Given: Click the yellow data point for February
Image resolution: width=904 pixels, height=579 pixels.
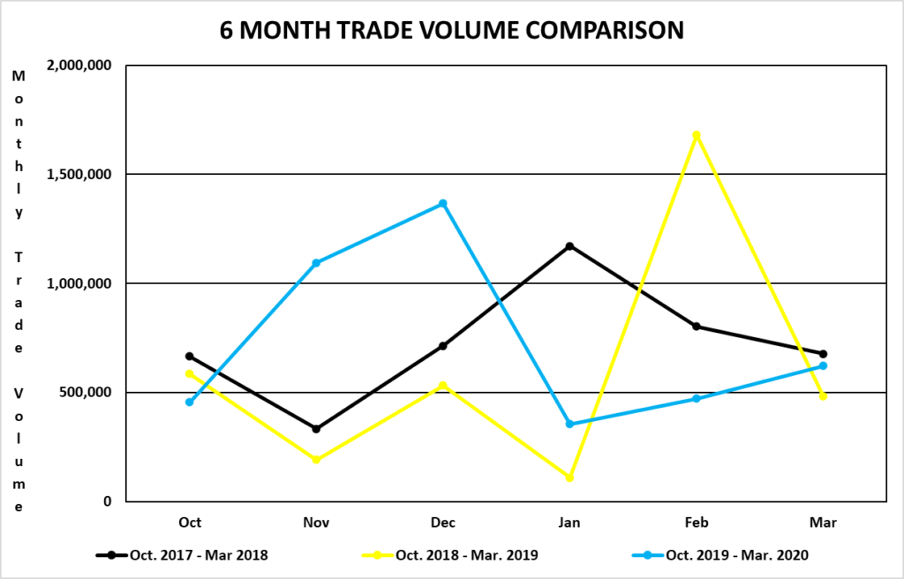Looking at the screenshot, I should [697, 135].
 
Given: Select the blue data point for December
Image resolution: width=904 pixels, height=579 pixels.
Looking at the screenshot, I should [443, 204].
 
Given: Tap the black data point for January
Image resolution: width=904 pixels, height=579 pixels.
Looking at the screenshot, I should [570, 245].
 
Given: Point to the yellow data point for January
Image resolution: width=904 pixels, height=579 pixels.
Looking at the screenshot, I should [570, 477].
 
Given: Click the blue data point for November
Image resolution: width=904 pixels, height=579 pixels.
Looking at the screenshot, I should [316, 263].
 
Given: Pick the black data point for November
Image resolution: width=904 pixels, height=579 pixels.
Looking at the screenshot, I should [316, 429].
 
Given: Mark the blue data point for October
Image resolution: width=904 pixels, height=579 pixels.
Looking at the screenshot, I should [190, 402].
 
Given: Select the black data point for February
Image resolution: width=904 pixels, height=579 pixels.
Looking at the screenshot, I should [697, 327].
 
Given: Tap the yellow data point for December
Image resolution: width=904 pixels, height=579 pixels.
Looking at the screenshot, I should [443, 385].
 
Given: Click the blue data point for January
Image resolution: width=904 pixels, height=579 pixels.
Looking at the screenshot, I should [570, 425].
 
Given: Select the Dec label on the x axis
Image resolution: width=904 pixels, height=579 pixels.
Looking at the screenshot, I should [443, 523].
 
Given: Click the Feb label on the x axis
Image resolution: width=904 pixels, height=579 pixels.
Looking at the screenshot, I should [697, 523].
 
